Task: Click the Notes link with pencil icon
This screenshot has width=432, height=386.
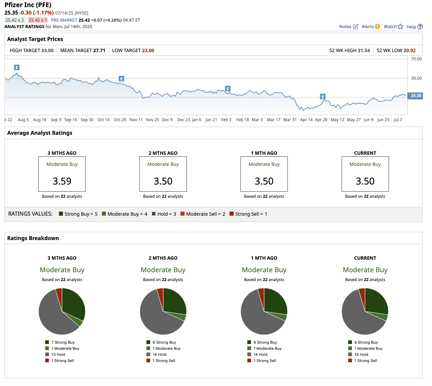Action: tap(348, 27)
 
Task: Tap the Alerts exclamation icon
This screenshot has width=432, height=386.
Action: tap(377, 26)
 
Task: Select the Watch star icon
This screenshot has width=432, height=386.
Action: tap(401, 26)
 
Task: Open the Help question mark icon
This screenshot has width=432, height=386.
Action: tap(420, 27)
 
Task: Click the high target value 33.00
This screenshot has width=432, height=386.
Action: tap(47, 50)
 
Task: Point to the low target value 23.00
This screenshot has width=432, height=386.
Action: tap(148, 50)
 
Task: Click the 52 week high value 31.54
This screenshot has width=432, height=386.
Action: tap(364, 50)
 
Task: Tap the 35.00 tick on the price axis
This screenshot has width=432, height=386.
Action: tap(416, 59)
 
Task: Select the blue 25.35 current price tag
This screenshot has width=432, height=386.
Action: tap(416, 96)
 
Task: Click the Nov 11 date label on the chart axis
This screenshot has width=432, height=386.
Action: tap(136, 120)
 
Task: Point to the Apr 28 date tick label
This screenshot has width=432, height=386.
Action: tap(321, 120)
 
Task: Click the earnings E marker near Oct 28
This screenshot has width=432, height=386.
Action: tap(121, 79)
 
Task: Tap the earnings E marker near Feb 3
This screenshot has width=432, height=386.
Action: tap(228, 89)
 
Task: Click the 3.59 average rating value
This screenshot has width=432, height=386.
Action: tap(62, 181)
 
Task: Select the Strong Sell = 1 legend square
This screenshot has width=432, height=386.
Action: tap(232, 214)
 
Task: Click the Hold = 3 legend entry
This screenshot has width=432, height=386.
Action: tap(164, 214)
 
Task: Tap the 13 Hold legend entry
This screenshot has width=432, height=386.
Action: tap(58, 355)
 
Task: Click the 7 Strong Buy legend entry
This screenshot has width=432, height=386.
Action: tap(63, 342)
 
